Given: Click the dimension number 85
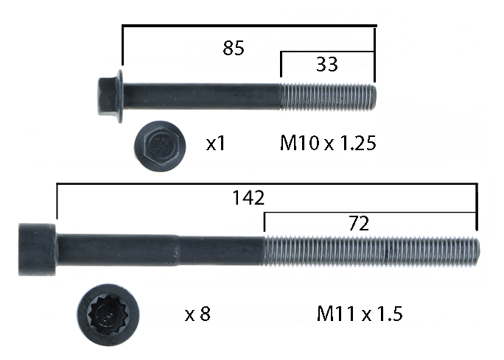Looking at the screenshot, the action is pos(234,48).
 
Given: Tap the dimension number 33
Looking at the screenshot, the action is pos(327,64).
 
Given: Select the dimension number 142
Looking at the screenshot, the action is pos(248,197).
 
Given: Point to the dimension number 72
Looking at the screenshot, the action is pos(359,224).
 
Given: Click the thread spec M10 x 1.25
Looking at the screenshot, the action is pos(328,143).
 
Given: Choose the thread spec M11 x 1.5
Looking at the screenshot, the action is pos(360,314).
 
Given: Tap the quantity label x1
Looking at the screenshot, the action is pos(216,144).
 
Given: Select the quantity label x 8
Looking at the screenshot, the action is pos(197,314).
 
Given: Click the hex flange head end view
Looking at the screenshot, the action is pos(160,146).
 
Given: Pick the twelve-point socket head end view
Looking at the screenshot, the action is pos(108,314).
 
